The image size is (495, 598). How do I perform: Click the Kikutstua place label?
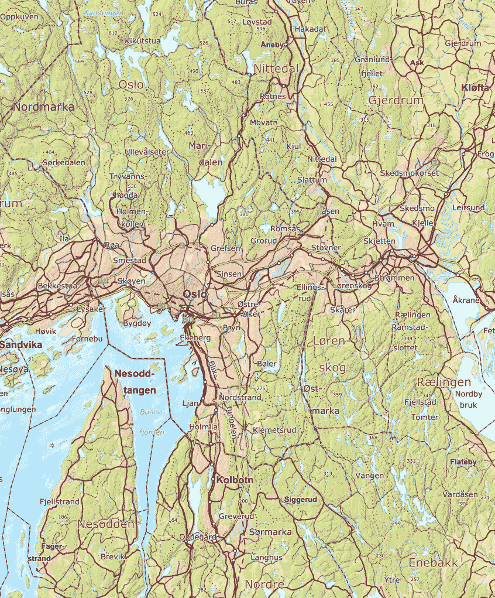(x=143, y=41)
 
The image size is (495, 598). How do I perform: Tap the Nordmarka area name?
(x=43, y=107)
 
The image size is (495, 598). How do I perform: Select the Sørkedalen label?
(x=64, y=162)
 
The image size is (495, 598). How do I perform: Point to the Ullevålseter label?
(x=147, y=152)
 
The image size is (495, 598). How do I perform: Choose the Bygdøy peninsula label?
(x=137, y=323)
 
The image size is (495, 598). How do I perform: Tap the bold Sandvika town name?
(x=21, y=345)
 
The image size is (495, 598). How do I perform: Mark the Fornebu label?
(x=87, y=339)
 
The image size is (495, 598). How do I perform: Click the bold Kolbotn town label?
(x=235, y=480)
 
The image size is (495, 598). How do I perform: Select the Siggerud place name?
(x=300, y=500)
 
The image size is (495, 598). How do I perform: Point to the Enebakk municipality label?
(x=433, y=563)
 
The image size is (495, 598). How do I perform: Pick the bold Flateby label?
(x=463, y=462)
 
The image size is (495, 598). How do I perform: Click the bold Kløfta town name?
(x=475, y=87)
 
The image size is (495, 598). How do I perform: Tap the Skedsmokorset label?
(x=409, y=173)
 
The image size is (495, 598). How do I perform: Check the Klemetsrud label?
(x=274, y=430)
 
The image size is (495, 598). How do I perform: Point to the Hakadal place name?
(x=310, y=29)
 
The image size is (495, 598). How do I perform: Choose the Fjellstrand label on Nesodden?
(x=59, y=502)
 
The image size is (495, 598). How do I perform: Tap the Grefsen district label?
(x=225, y=248)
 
